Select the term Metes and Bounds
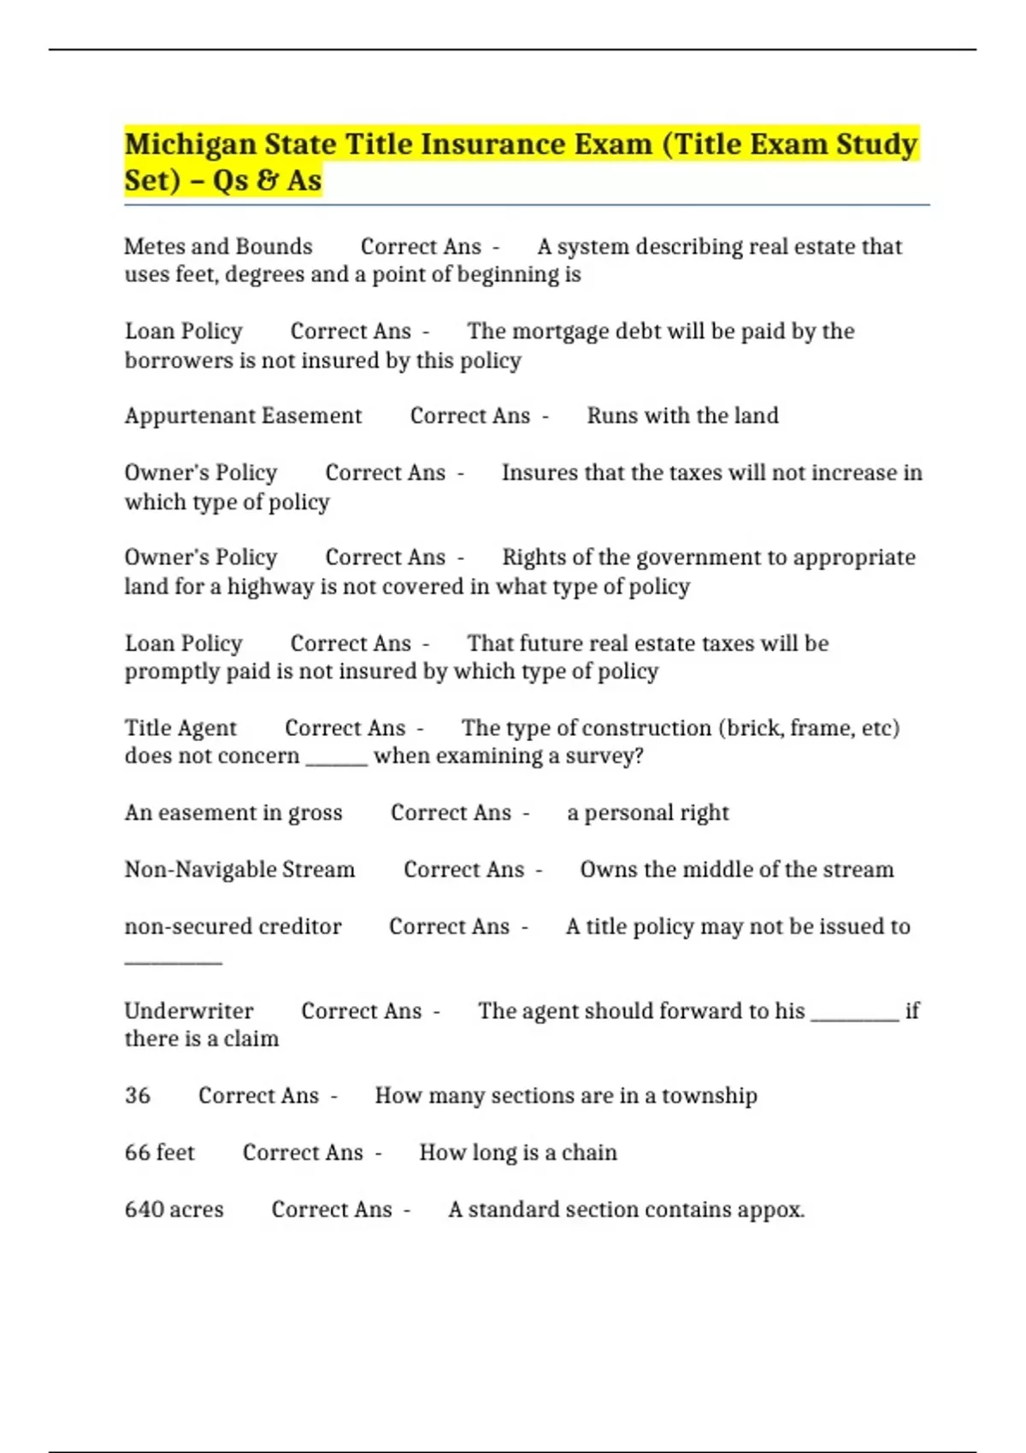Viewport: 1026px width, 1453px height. tap(218, 247)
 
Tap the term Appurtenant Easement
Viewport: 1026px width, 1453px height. tap(243, 416)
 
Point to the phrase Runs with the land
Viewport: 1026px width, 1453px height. tap(682, 416)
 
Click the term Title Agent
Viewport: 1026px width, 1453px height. tap(180, 728)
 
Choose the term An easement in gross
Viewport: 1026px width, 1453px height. tap(233, 813)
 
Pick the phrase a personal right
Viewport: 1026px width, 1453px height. tap(648, 813)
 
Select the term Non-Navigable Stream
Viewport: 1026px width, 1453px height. tap(239, 870)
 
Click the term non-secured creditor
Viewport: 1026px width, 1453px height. tap(233, 927)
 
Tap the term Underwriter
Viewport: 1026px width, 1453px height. tap(189, 1011)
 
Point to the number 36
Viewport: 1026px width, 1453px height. tap(138, 1096)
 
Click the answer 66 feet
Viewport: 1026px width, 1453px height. tap(160, 1153)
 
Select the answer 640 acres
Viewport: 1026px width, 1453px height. tap(174, 1210)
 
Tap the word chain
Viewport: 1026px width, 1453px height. tap(589, 1153)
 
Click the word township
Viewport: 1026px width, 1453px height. tap(710, 1096)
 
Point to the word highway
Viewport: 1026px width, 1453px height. tap(270, 587)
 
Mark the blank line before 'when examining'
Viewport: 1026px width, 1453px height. tap(337, 762)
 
